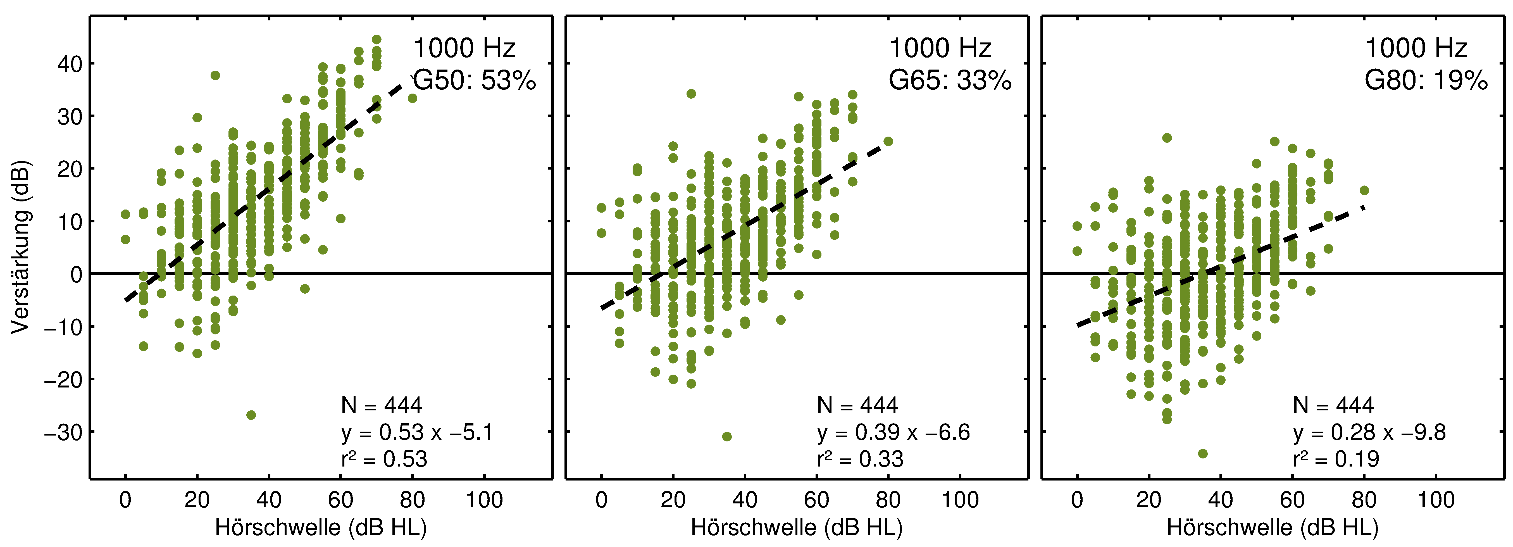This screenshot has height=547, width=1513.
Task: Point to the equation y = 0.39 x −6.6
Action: (x=893, y=432)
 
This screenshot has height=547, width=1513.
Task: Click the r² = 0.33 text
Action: (x=860, y=459)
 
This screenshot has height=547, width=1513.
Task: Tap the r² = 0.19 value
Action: (x=1336, y=459)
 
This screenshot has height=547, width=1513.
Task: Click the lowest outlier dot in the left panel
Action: (x=251, y=415)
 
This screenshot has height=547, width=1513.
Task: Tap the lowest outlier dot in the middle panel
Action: (x=726, y=437)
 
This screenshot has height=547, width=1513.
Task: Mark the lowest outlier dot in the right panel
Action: (x=1202, y=454)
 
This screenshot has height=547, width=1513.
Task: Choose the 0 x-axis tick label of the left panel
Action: (x=125, y=500)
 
